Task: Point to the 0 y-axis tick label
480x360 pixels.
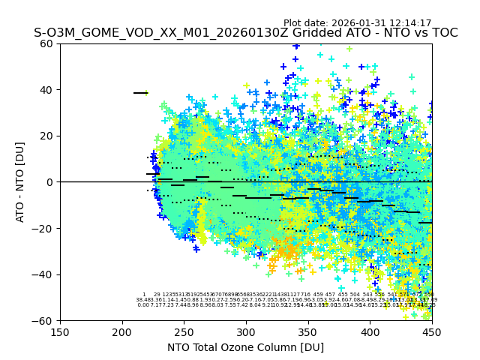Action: [52, 182]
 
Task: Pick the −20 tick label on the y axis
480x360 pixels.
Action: [46, 228]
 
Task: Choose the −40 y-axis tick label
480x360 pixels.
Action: [46, 274]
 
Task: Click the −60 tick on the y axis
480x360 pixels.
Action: [46, 320]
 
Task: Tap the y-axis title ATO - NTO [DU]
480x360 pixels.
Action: [20, 181]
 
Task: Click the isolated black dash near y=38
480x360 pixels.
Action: [139, 93]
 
